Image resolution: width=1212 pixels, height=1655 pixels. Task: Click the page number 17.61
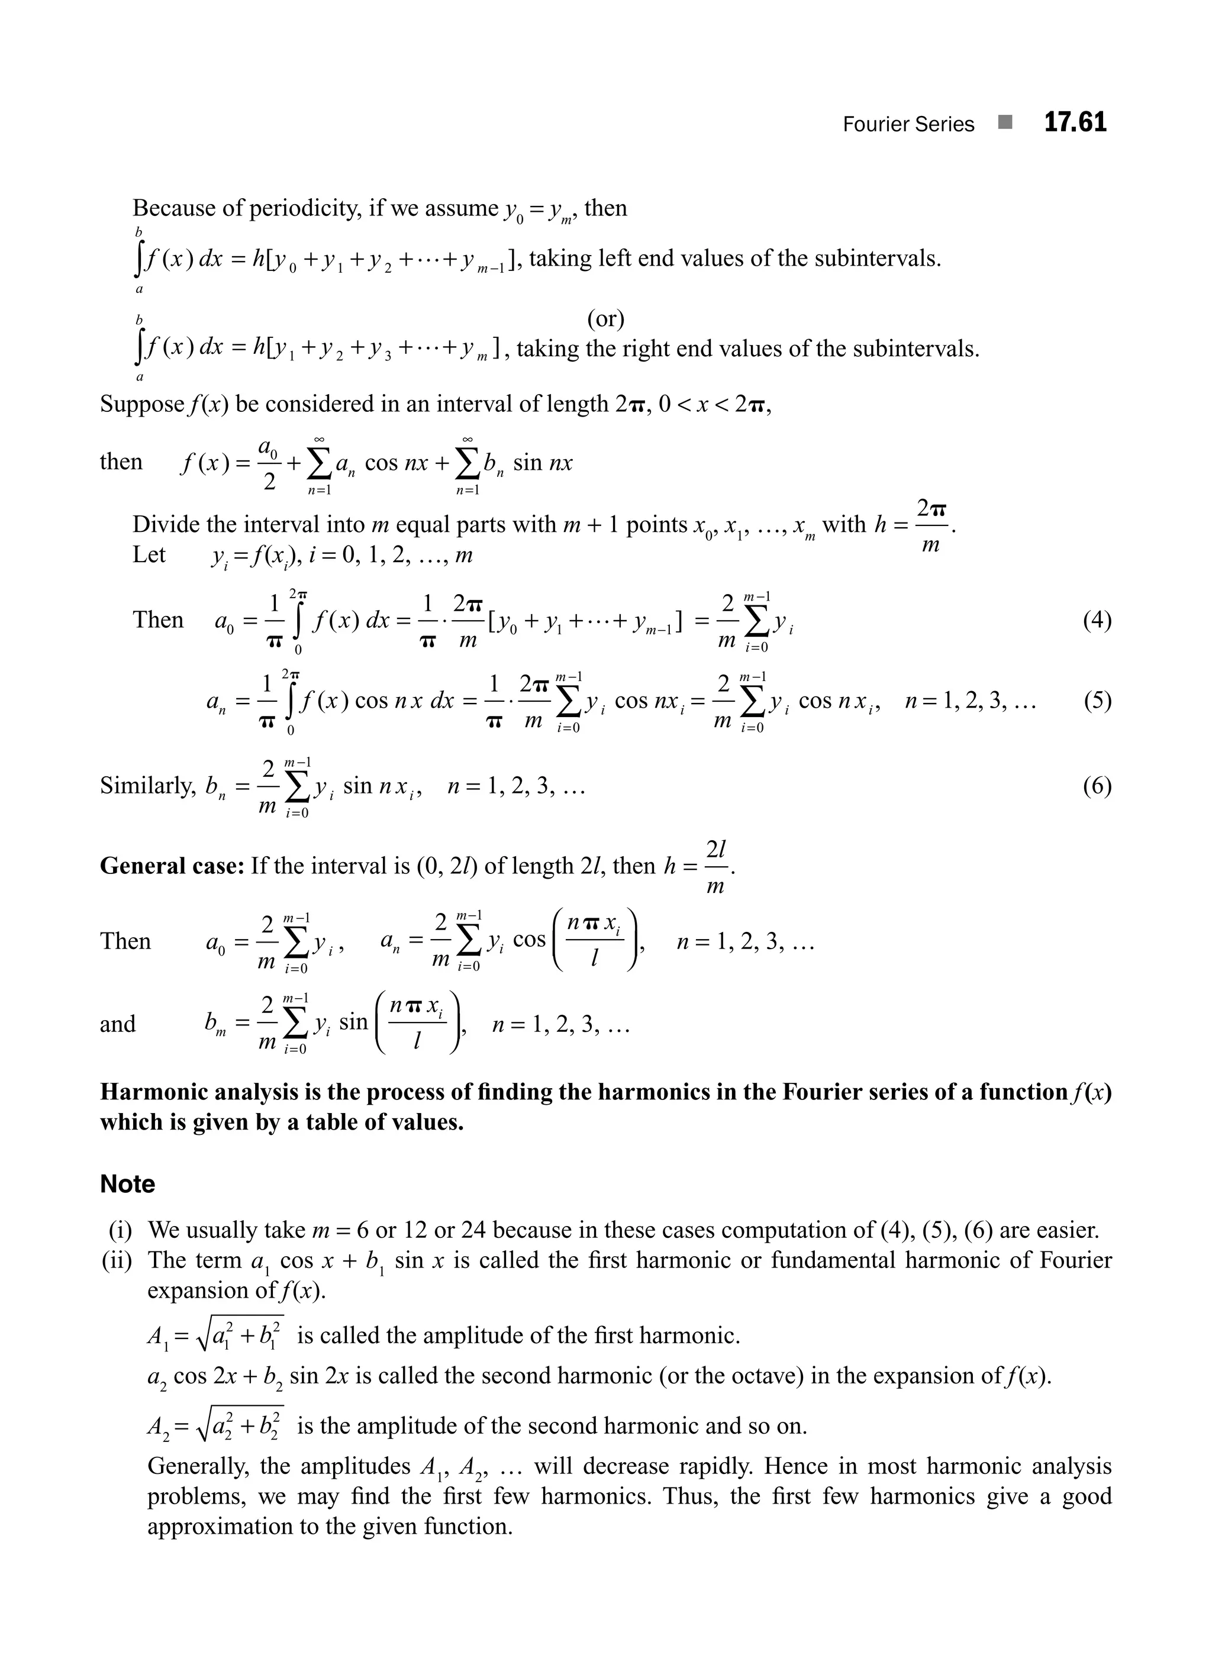[1075, 122]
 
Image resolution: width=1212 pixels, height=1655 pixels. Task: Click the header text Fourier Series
[908, 125]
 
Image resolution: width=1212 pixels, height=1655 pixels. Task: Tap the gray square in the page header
[1005, 122]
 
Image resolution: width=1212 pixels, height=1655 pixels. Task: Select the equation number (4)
[1097, 621]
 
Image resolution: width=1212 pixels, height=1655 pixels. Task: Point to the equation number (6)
[1097, 786]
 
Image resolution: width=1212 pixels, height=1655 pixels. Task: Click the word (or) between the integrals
[605, 318]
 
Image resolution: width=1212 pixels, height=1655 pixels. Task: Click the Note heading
[128, 1184]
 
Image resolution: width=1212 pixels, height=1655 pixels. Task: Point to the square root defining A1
[239, 1335]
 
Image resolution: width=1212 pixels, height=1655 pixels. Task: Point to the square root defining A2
[239, 1426]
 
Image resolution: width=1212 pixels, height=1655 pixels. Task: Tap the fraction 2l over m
[715, 866]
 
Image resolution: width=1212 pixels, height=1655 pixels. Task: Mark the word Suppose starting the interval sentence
[141, 404]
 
